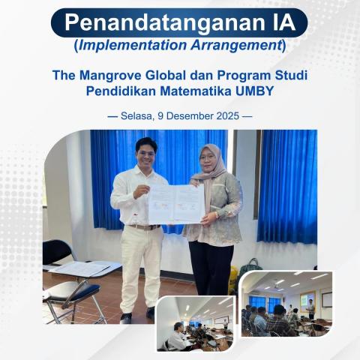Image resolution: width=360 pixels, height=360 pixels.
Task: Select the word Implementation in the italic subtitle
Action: point(127,45)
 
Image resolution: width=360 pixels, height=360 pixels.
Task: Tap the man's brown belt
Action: point(144,226)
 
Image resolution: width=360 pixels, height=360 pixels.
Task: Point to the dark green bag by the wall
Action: point(250,267)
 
